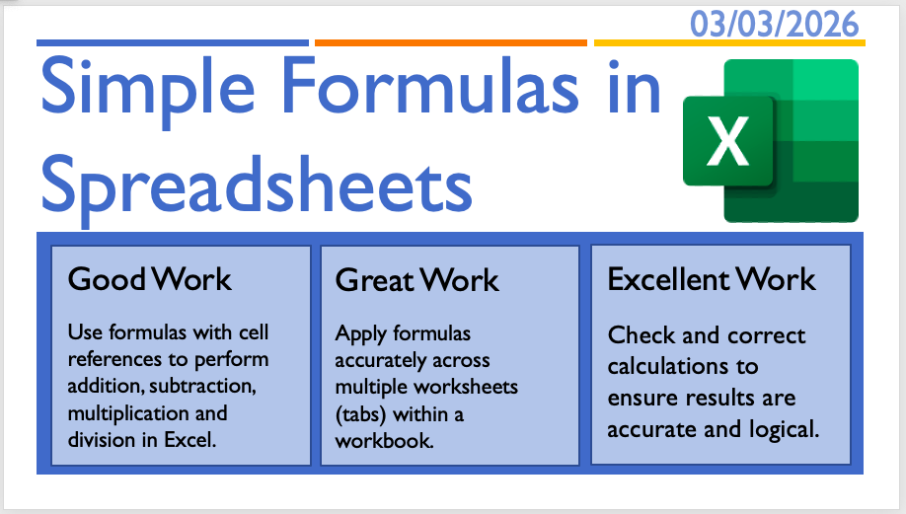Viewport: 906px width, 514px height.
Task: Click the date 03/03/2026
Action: [x=775, y=25]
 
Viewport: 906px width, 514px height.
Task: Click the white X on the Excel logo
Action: [x=728, y=141]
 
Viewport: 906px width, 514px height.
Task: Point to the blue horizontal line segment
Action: [x=173, y=42]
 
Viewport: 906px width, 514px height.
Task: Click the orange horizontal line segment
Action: [x=451, y=42]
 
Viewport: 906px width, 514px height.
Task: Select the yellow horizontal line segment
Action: [x=729, y=42]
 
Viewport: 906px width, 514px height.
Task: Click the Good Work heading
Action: [x=150, y=279]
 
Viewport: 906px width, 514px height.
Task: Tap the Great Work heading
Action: [x=417, y=281]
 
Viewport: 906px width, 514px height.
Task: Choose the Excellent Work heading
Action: [x=712, y=279]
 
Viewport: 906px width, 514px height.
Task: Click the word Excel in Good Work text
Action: [x=190, y=440]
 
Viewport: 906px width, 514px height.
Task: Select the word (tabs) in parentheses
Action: [x=361, y=414]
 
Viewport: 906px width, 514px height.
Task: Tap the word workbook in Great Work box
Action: [x=384, y=441]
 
